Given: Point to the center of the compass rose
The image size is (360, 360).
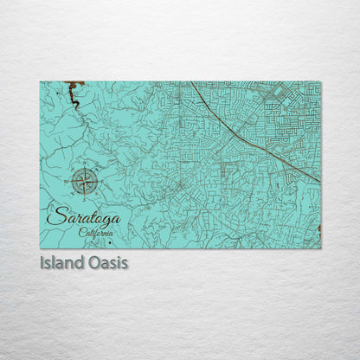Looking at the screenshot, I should (85, 182).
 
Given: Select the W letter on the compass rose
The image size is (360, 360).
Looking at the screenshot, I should (67, 182).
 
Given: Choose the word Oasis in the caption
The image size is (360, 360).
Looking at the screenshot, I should (106, 261).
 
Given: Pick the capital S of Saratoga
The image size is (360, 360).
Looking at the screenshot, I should (55, 217).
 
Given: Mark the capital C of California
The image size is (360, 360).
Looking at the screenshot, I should (80, 232).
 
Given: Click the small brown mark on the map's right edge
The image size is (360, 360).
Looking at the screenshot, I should (319, 228).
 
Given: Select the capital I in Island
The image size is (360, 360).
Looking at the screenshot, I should (42, 261).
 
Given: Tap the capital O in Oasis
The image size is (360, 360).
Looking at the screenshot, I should (91, 261).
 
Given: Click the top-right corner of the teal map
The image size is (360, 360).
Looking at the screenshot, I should (320, 82).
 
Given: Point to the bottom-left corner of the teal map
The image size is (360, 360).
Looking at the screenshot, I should (40, 247).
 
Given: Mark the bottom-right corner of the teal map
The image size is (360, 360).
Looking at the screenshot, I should (320, 247).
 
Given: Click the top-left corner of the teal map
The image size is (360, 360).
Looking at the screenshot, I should (40, 82).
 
